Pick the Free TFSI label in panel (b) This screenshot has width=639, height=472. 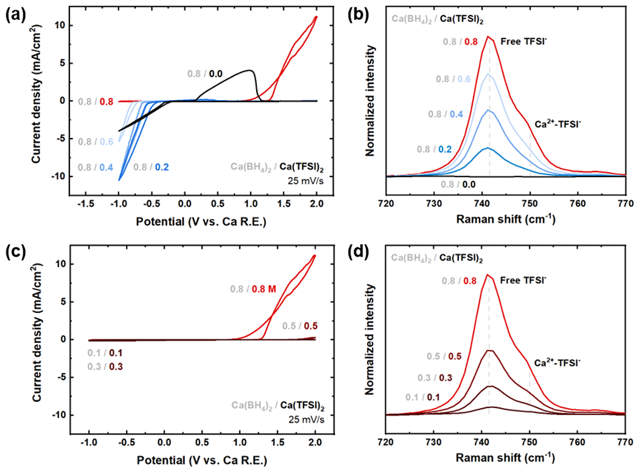[521, 42]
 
